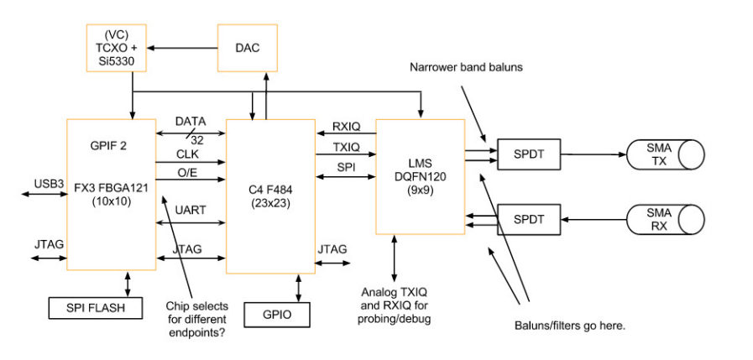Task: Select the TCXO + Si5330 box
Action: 118,48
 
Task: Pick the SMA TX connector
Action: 665,155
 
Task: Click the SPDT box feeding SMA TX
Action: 527,154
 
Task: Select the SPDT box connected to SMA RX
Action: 527,219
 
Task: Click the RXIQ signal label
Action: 344,125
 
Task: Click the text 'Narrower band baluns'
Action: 467,66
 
